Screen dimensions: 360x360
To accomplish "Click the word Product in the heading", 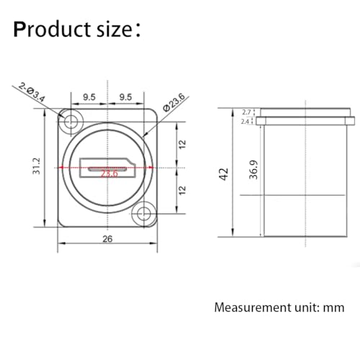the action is [53, 30].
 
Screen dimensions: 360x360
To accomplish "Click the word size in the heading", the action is [114, 30].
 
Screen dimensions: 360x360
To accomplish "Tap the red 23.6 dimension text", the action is [109, 174].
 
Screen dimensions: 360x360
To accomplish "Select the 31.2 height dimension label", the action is [37, 166].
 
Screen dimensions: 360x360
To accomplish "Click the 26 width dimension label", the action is [107, 239].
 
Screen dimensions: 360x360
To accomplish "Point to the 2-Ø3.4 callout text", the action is [32, 92].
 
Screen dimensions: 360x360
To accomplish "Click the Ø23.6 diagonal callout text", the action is [174, 102].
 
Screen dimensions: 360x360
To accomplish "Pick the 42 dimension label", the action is [224, 174].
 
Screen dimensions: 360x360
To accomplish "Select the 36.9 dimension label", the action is [253, 170].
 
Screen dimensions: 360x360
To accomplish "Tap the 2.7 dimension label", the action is [246, 112].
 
